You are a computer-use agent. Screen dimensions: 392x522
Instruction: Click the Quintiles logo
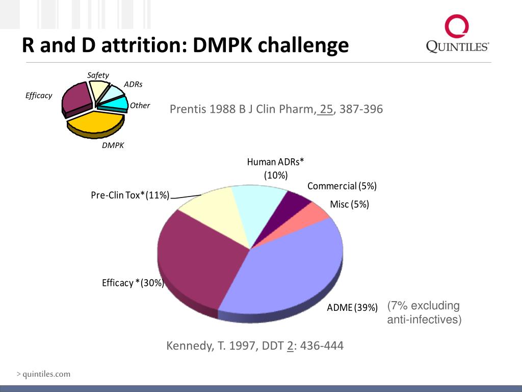[457, 34]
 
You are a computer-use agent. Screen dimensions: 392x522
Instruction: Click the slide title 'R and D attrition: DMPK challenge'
[185, 45]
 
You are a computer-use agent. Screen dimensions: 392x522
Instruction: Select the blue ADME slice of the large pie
[285, 271]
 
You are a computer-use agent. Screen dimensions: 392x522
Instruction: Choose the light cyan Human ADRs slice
[257, 209]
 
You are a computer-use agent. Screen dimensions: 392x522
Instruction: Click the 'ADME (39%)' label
[352, 307]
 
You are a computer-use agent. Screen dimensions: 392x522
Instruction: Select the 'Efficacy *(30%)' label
[133, 283]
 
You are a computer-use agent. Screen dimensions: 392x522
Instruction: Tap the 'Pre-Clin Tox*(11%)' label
[130, 195]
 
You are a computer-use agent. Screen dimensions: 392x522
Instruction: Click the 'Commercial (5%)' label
[342, 186]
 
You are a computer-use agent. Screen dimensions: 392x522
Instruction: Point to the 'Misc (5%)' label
[349, 205]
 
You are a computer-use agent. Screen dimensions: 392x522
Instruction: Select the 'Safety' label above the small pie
[98, 75]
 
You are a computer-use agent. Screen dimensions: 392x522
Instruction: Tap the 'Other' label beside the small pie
[140, 106]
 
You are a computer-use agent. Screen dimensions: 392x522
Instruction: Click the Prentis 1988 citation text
[276, 109]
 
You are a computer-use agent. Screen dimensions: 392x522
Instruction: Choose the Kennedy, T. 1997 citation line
[255, 346]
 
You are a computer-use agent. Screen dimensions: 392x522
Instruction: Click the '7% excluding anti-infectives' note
[424, 313]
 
